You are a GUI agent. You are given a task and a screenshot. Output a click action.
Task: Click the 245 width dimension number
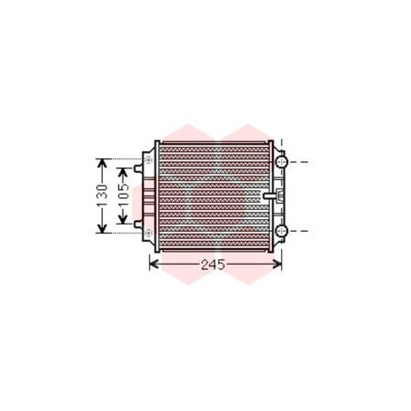(x=213, y=265)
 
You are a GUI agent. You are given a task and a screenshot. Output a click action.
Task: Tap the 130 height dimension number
(x=102, y=195)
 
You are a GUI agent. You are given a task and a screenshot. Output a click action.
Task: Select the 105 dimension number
(x=124, y=195)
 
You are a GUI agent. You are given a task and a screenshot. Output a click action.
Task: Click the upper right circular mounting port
(x=282, y=162)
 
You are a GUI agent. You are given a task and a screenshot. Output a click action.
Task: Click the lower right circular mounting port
(x=282, y=231)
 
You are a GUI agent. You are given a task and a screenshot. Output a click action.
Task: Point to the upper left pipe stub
(x=138, y=168)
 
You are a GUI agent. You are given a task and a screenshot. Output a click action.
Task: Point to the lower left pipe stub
(x=138, y=225)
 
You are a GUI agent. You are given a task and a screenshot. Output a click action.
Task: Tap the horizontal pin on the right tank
(x=269, y=195)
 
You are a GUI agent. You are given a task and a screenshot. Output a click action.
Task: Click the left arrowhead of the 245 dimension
(x=154, y=264)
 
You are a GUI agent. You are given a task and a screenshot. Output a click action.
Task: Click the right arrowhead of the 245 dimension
(x=277, y=264)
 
